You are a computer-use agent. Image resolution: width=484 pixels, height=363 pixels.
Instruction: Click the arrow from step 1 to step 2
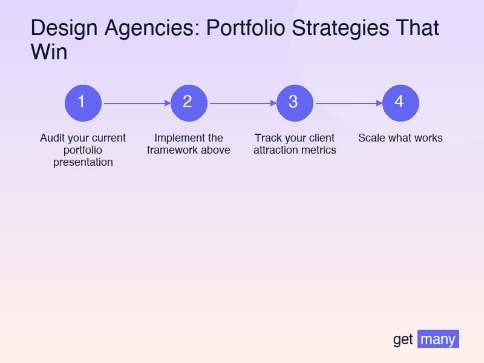(x=136, y=103)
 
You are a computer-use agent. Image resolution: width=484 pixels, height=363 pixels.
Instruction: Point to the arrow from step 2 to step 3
(x=242, y=103)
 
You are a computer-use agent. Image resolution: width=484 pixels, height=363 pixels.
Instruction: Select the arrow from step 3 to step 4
(x=348, y=103)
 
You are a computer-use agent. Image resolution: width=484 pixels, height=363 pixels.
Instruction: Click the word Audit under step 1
(x=51, y=138)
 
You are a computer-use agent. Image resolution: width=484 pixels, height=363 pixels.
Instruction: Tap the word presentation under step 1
(x=83, y=162)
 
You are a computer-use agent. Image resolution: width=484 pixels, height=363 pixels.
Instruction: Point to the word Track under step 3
(x=267, y=138)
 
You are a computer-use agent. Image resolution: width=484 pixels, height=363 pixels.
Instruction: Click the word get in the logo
(x=403, y=339)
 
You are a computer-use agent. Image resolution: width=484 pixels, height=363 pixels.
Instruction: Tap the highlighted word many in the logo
(x=438, y=339)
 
